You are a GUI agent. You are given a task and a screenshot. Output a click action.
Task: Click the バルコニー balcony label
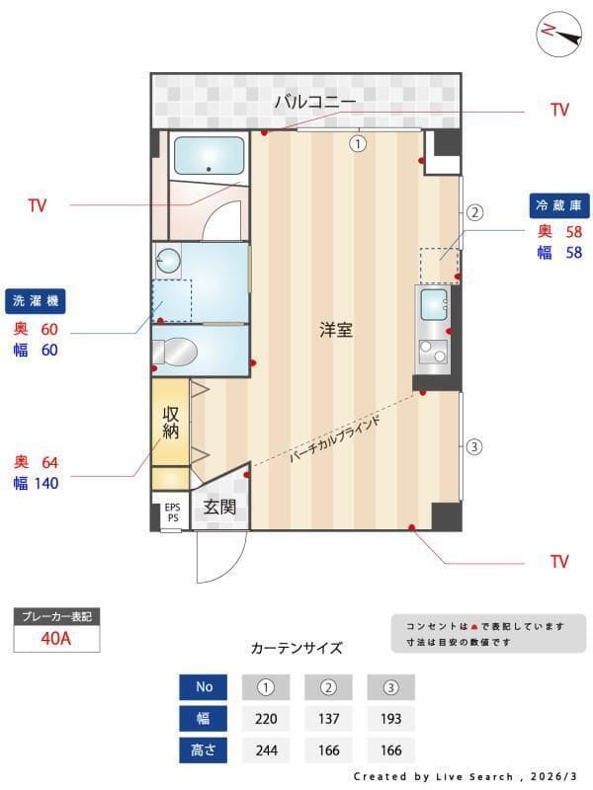point(314,101)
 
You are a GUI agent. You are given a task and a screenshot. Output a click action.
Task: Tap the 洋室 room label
point(336,330)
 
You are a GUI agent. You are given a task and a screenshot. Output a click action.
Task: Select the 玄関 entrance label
point(219,508)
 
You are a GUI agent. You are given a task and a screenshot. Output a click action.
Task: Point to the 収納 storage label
point(170,422)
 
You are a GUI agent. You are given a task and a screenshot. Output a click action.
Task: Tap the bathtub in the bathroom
point(209,156)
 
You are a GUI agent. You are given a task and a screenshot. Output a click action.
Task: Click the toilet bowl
point(179,351)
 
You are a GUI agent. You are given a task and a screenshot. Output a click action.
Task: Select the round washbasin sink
point(168,262)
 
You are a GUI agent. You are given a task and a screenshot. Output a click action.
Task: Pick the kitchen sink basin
point(433,307)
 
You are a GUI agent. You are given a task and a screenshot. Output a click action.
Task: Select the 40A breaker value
point(56,638)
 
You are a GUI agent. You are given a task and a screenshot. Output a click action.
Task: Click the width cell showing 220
point(266,718)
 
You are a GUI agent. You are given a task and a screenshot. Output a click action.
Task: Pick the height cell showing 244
point(266,750)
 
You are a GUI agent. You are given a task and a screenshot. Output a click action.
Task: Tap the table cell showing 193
point(390,718)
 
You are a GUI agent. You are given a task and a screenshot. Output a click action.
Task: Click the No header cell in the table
point(205,686)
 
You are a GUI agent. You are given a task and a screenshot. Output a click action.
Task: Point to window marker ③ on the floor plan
point(474,446)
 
